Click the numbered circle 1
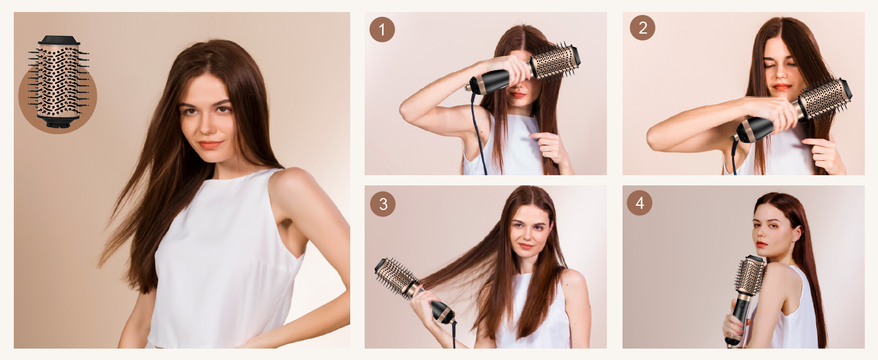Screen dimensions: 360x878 click(382, 29)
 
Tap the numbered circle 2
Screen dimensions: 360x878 click(642, 28)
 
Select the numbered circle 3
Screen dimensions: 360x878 click(383, 204)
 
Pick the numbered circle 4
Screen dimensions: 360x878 click(639, 203)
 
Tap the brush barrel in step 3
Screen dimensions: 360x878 click(396, 277)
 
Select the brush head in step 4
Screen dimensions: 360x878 click(750, 276)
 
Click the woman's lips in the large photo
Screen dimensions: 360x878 click(211, 145)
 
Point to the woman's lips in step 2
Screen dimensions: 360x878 click(781, 87)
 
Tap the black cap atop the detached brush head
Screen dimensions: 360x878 click(59, 40)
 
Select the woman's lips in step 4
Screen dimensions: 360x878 click(762, 244)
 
